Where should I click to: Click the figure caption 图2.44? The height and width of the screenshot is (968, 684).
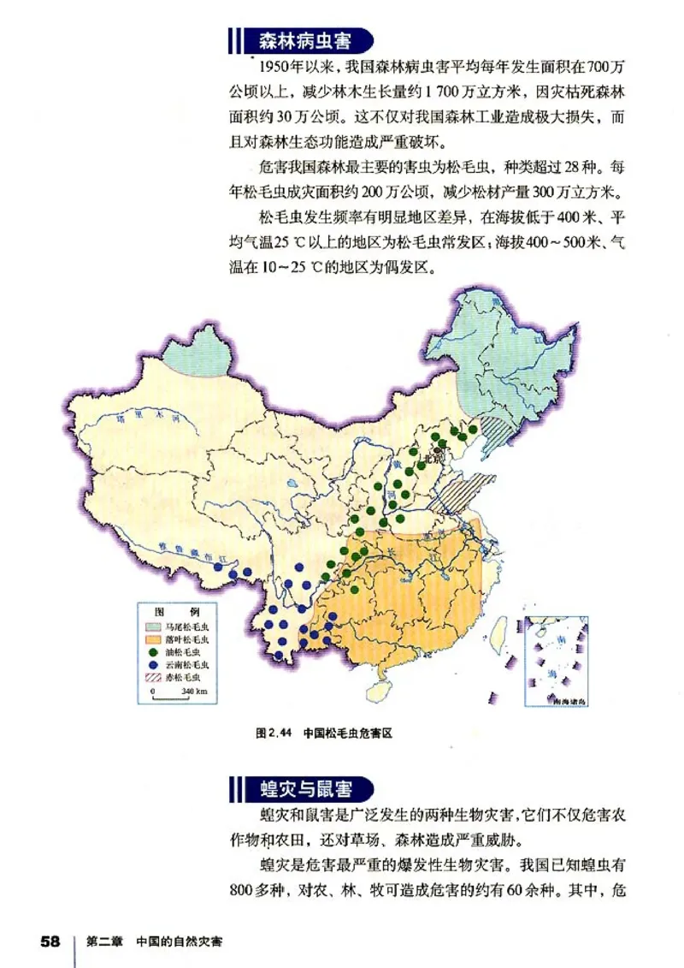[x=274, y=733]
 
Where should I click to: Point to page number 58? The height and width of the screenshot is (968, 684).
[x=50, y=941]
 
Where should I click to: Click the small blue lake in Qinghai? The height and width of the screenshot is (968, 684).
[x=292, y=484]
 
